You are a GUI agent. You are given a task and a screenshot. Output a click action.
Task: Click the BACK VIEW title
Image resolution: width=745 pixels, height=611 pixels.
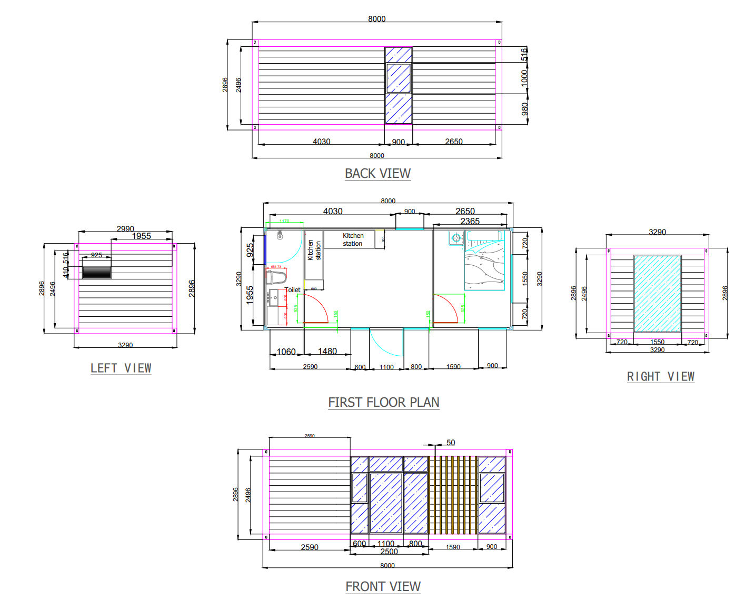tap(378, 173)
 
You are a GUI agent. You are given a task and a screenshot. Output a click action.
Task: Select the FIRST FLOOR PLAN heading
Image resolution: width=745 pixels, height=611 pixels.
tap(383, 402)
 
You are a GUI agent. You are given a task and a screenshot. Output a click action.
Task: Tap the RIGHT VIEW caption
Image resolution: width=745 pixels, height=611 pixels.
tap(660, 376)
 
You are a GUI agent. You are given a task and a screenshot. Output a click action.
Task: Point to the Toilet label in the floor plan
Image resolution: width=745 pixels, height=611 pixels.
tap(293, 290)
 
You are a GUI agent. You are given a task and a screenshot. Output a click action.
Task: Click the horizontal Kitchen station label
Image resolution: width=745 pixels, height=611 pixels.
tap(353, 239)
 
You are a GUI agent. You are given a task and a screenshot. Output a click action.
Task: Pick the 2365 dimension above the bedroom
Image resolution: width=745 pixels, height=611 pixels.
tap(470, 221)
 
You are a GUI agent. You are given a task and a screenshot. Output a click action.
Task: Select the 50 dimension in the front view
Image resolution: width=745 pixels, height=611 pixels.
tap(451, 443)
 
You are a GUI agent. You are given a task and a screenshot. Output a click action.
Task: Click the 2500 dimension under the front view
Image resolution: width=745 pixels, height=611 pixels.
tap(389, 552)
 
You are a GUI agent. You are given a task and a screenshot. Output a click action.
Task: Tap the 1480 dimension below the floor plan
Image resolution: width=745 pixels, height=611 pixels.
tap(327, 351)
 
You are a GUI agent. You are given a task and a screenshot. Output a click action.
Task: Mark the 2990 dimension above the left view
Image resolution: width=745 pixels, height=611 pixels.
tap(125, 228)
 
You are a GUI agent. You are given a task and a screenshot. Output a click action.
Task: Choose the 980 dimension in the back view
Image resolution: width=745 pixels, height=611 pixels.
tap(524, 109)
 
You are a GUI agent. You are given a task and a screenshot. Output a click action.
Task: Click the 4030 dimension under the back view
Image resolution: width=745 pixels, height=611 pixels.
tap(321, 142)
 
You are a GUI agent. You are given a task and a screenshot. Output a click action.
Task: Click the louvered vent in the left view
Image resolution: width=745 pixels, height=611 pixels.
tap(97, 272)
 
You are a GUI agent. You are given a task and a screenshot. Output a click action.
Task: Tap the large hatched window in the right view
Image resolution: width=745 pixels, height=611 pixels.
tap(657, 294)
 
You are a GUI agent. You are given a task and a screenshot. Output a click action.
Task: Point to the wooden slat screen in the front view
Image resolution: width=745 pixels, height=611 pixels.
tap(453, 495)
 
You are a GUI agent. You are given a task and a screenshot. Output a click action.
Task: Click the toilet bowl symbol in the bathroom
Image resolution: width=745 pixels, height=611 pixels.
tap(277, 276)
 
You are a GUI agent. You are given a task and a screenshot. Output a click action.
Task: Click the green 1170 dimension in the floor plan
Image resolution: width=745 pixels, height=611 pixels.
tap(284, 221)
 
